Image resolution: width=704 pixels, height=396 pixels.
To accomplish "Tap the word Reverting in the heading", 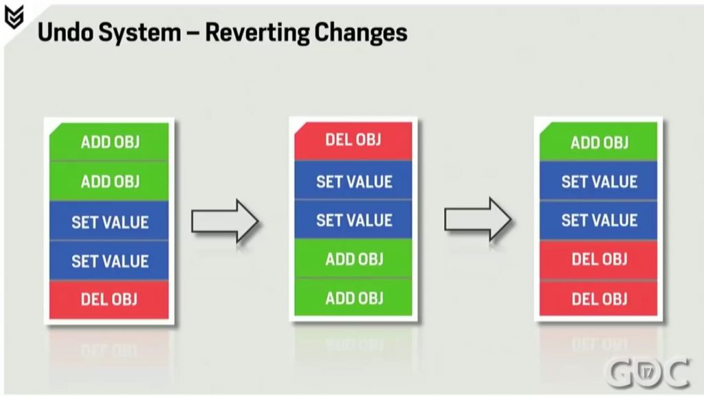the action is coord(257,33).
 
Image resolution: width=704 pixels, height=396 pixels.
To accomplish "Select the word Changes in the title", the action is coord(360,33).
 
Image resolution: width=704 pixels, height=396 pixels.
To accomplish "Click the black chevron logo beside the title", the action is coord(14,17).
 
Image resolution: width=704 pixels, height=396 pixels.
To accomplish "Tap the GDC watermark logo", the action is coord(647,372).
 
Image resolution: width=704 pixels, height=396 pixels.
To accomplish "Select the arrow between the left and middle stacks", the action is coord(225,221).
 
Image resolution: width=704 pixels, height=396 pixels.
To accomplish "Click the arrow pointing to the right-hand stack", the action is coord(478,219).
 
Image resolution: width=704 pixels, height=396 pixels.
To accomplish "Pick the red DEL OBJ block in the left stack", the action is coord(109,300).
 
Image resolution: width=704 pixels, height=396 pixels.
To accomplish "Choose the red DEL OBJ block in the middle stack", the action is coord(353,140).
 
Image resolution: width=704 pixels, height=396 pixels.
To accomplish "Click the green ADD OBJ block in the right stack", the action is coord(599,142).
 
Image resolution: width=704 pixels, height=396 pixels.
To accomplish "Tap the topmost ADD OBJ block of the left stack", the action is coord(109,142).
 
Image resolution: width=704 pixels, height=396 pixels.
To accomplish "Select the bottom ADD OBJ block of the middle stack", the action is coord(353,298).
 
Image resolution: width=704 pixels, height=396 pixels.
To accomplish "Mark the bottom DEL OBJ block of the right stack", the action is coord(599,298).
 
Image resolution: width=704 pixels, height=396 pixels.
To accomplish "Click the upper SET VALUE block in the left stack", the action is coord(109,221).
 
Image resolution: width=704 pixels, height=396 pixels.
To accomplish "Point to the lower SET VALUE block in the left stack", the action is coord(109,261).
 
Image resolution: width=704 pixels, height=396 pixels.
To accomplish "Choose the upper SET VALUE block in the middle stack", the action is coord(353,180).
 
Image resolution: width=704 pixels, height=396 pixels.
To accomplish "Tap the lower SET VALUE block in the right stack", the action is coord(599,220).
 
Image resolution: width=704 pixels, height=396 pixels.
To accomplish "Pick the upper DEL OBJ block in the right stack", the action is coord(599,260).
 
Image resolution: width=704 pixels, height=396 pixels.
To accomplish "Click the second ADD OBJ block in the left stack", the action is coord(109,181).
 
